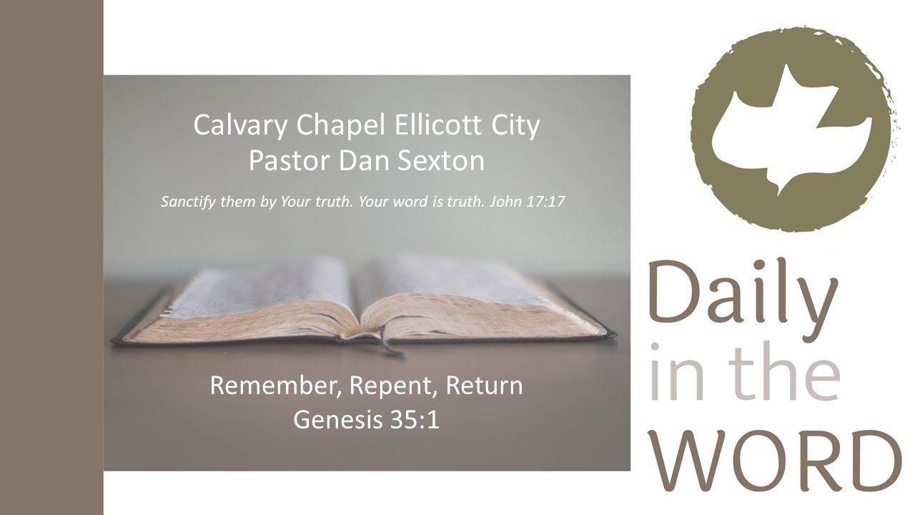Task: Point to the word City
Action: point(515,126)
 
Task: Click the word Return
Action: point(484,386)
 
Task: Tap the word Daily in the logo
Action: point(743,293)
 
